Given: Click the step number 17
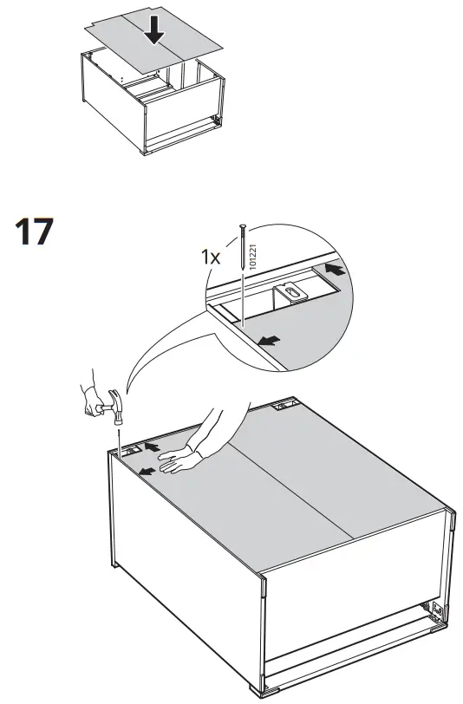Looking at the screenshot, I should (34, 233).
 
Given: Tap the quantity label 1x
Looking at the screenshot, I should (211, 258).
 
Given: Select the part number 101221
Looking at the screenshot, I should (254, 258).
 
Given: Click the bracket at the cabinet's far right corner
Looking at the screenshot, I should (283, 404).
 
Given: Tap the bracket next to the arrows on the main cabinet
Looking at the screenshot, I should (132, 451).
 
